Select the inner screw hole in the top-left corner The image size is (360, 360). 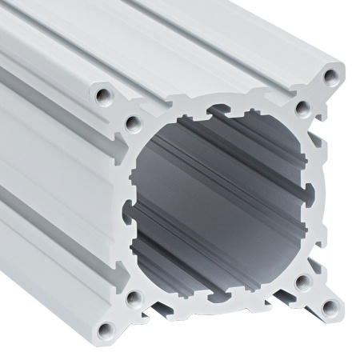click(x=133, y=122)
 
